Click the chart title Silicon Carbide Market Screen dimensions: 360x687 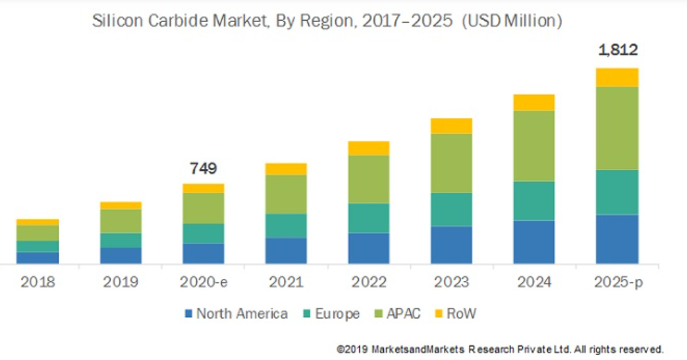point(327,21)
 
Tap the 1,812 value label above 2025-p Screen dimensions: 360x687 point(617,50)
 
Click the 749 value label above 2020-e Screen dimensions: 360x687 point(203,168)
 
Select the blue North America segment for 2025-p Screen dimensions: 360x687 point(617,239)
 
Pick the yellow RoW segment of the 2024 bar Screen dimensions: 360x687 point(534,102)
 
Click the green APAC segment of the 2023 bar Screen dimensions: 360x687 point(452,163)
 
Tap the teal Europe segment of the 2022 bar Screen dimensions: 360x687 point(368,218)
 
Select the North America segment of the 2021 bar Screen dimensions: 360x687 point(286,251)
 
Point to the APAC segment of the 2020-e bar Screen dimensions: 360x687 point(203,208)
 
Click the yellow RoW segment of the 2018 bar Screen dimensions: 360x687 point(37,222)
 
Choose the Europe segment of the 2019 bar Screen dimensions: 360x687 point(121,240)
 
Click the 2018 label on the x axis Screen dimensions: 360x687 point(37,282)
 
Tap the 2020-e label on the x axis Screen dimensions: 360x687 point(203,282)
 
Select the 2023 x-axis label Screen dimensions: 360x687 point(452,282)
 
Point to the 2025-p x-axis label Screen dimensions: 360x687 point(617,282)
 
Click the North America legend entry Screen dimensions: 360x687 point(235,314)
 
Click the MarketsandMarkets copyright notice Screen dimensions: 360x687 point(500,349)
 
